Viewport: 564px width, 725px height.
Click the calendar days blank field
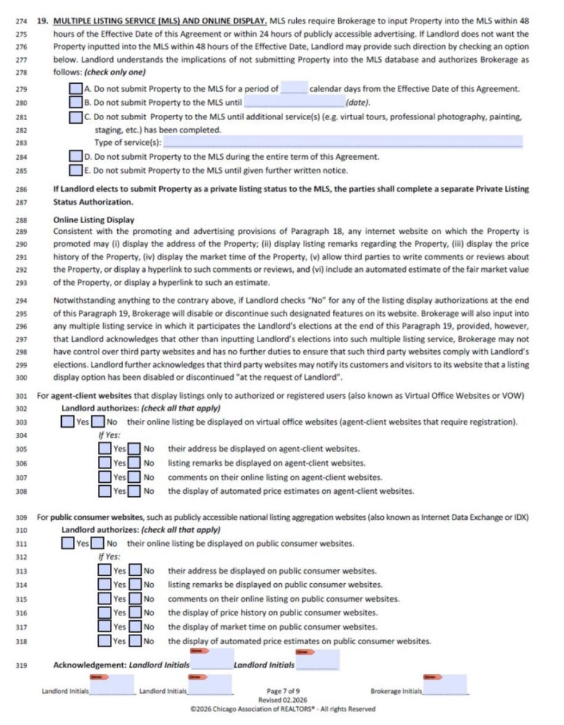pos(294,89)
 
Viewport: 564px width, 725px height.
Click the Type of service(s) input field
pos(342,143)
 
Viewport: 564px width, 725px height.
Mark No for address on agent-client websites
pos(134,449)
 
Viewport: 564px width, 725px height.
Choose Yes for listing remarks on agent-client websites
pos(105,463)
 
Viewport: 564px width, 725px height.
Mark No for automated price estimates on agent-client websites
pos(134,491)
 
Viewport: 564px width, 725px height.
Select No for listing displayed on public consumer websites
pos(97,544)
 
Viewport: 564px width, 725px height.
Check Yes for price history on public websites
pos(105,613)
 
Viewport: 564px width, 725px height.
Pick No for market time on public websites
pos(135,627)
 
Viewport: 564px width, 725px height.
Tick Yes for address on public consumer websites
pos(105,571)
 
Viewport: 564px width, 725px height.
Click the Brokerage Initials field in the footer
pos(446,685)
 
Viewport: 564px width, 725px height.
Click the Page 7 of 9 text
pos(282,692)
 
